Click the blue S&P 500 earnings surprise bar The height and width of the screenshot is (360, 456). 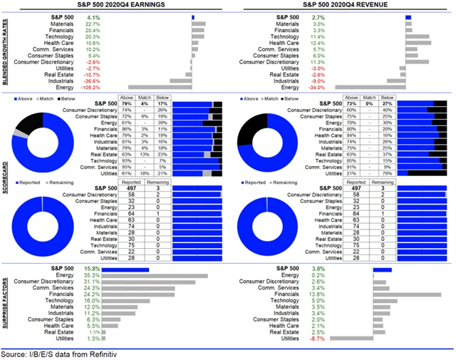click(125, 269)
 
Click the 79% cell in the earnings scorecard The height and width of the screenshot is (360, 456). click(127, 104)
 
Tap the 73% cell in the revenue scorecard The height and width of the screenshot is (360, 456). click(352, 104)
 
